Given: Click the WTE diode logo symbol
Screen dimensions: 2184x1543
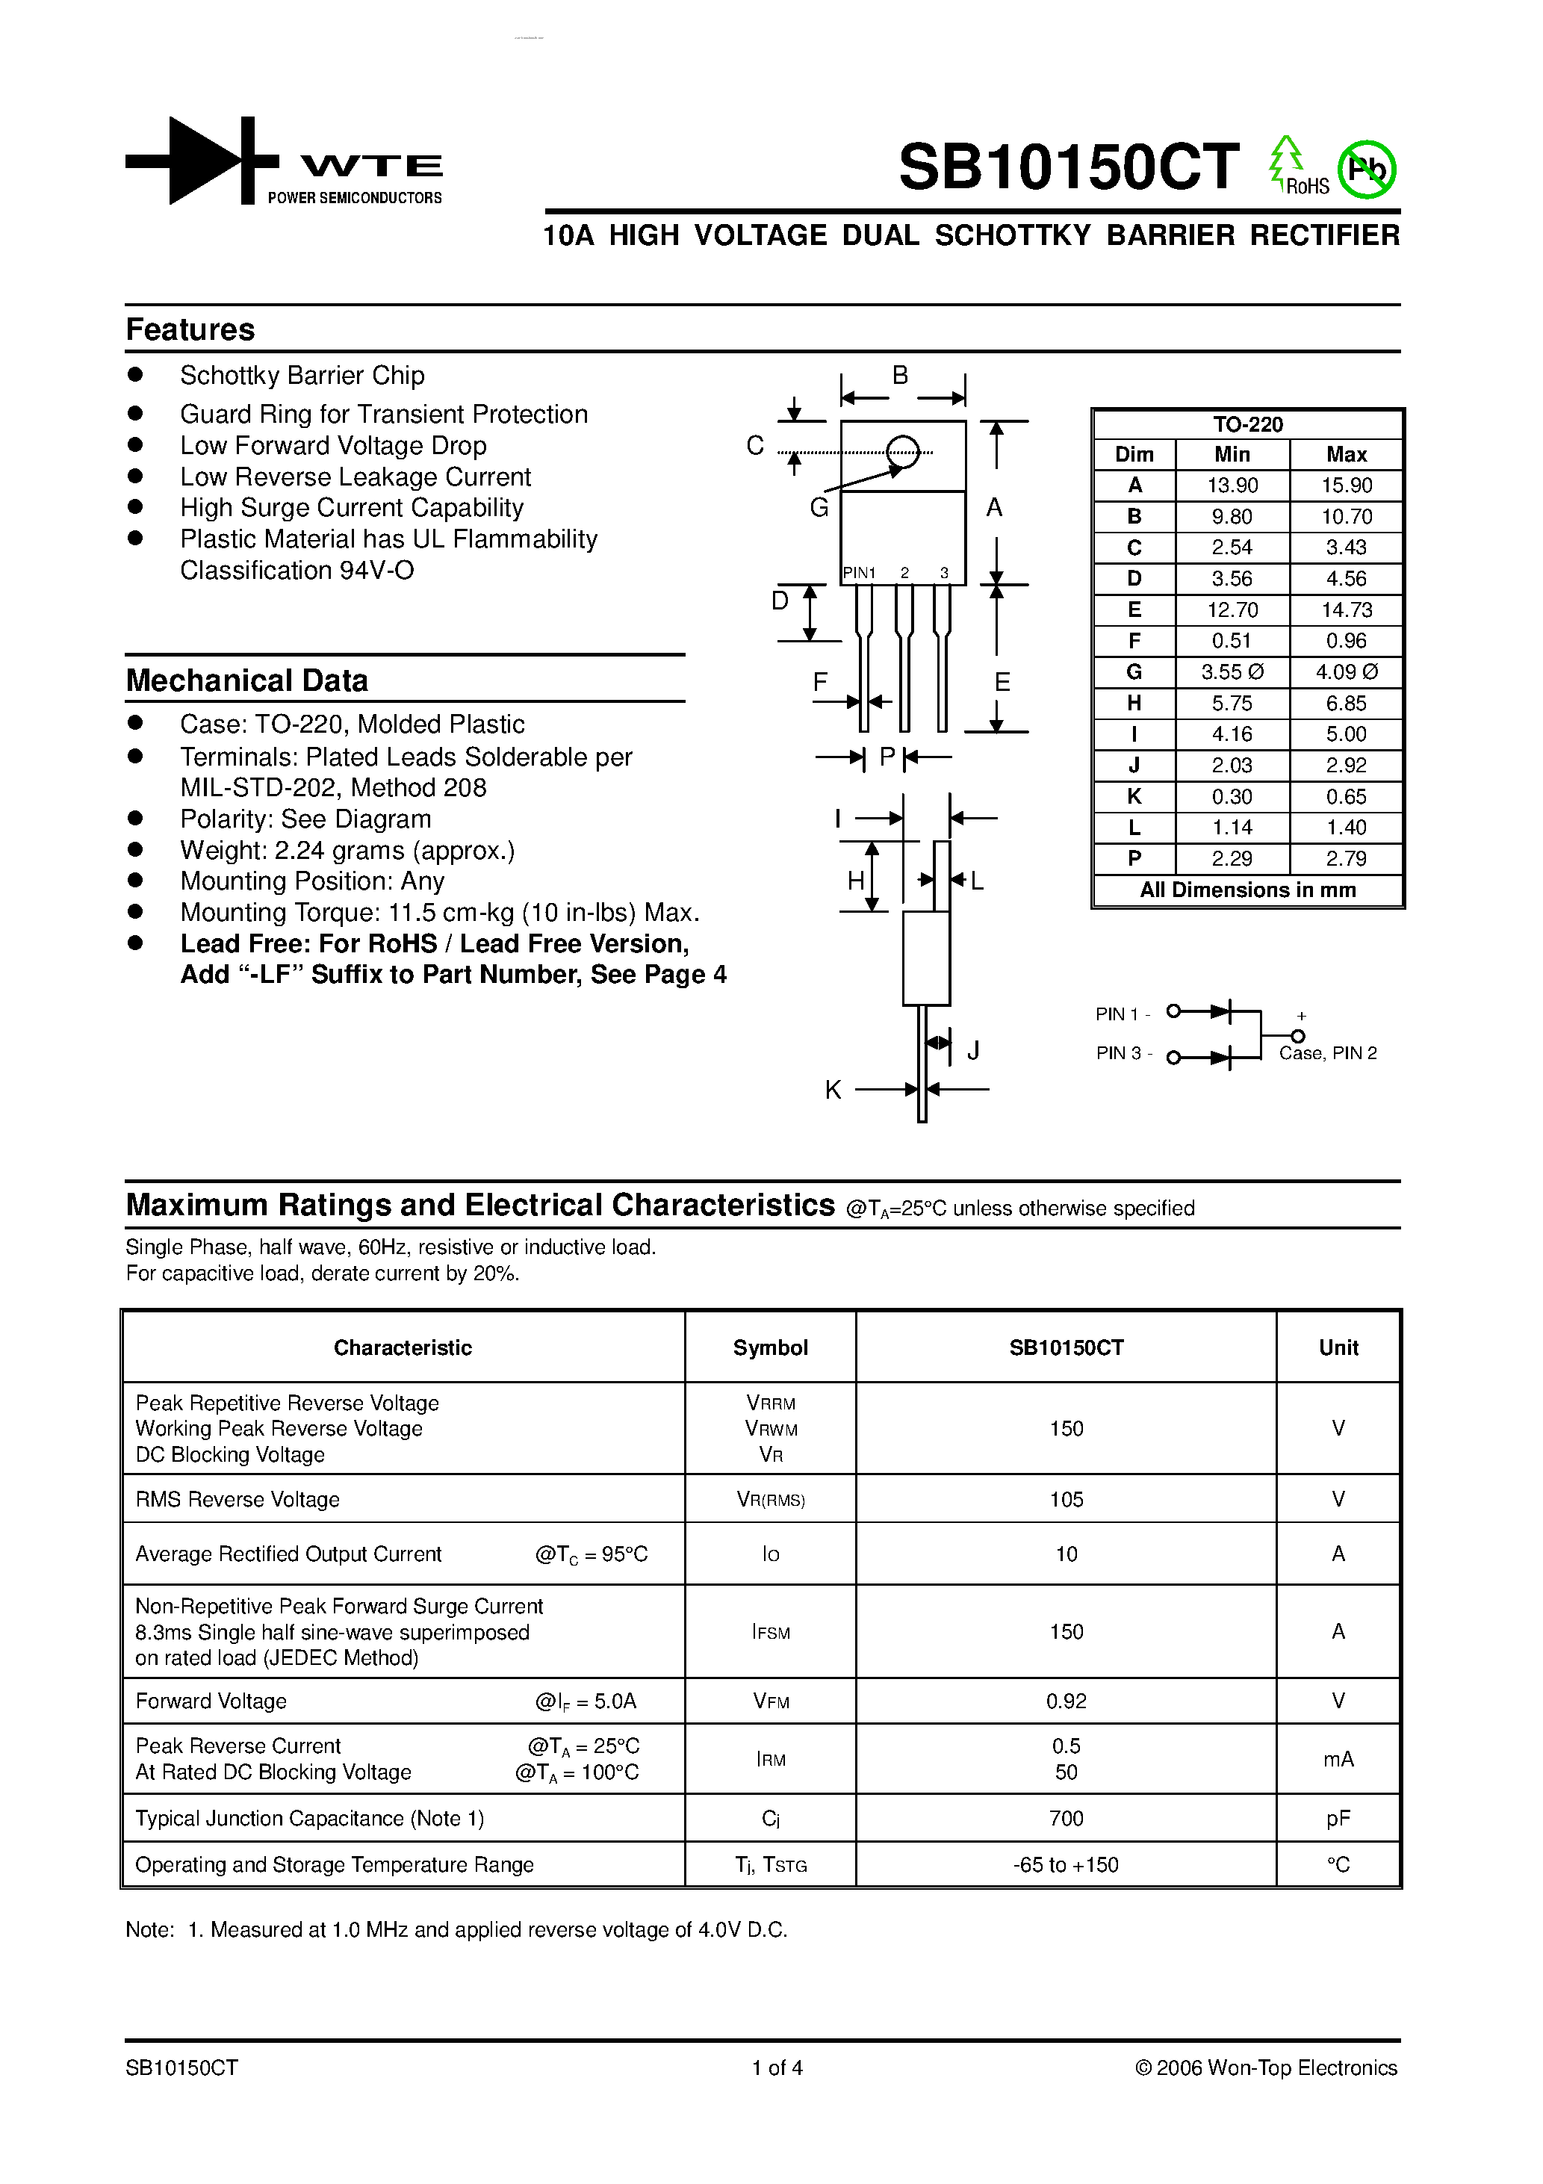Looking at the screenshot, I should [x=202, y=161].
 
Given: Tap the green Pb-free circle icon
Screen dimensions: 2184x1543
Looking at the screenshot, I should [x=1366, y=170].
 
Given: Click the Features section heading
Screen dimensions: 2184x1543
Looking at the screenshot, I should [x=190, y=329].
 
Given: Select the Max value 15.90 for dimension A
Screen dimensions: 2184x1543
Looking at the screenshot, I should [x=1346, y=485].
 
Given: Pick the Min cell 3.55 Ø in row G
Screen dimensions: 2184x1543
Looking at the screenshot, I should [x=1232, y=671].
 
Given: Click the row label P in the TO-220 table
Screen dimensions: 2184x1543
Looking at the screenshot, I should [x=1134, y=858].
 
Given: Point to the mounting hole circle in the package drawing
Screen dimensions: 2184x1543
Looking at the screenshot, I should [x=902, y=451].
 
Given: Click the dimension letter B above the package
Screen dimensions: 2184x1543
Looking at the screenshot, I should [x=900, y=375].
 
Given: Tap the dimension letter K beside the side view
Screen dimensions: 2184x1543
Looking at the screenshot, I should [x=833, y=1090].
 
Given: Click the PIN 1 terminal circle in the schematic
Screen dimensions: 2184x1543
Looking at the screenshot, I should [x=1174, y=1011].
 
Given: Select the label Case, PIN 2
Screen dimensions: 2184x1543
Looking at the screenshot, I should [x=1327, y=1053].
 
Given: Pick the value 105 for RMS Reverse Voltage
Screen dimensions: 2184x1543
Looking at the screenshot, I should [x=1066, y=1499].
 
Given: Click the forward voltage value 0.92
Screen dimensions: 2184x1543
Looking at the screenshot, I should [x=1066, y=1701].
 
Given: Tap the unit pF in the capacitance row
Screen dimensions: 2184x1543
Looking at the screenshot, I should [x=1338, y=1819].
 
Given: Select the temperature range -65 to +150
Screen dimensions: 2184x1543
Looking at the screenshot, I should [x=1066, y=1864].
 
